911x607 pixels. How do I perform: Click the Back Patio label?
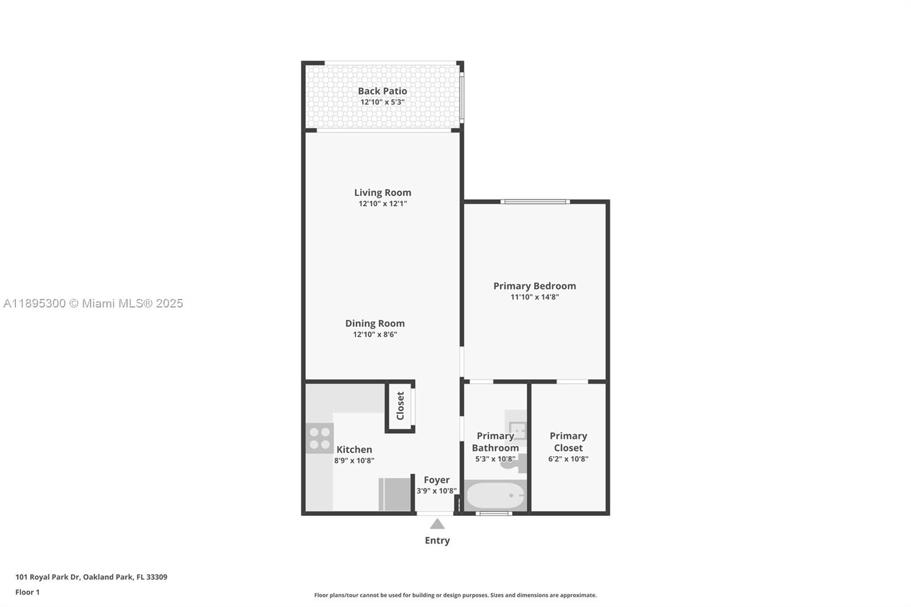(382, 91)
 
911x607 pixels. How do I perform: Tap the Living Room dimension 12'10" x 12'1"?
(383, 204)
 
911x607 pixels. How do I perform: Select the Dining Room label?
(375, 323)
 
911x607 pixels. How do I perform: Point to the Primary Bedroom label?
(534, 286)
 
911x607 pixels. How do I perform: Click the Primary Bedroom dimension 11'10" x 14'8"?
(534, 297)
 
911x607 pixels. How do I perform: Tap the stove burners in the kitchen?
(319, 438)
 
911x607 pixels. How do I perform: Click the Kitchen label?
(354, 449)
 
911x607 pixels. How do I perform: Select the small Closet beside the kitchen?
(400, 405)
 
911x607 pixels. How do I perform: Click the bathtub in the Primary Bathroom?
(495, 495)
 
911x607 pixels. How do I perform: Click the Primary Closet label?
(568, 442)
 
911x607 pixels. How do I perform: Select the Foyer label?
(437, 480)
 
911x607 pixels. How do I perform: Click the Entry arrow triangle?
(437, 524)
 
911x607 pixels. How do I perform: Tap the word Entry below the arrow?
(437, 540)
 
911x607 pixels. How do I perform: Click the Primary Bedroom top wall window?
(535, 202)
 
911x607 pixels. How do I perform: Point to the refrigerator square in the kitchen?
(394, 494)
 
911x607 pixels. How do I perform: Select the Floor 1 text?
(27, 592)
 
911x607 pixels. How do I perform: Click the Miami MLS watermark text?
(93, 303)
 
